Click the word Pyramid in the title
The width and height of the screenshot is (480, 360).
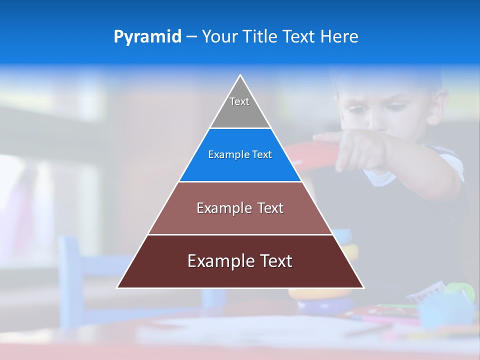[x=147, y=37]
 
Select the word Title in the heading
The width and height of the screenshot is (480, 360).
[x=259, y=36]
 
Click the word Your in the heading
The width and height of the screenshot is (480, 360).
[x=219, y=36]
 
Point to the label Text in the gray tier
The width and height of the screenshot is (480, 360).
[x=239, y=101]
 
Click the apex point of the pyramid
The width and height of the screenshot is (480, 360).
[x=240, y=75]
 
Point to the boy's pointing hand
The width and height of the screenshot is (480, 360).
[x=350, y=150]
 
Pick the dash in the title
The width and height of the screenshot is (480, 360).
[x=191, y=37]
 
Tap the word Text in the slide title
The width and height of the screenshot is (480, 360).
[x=299, y=36]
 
